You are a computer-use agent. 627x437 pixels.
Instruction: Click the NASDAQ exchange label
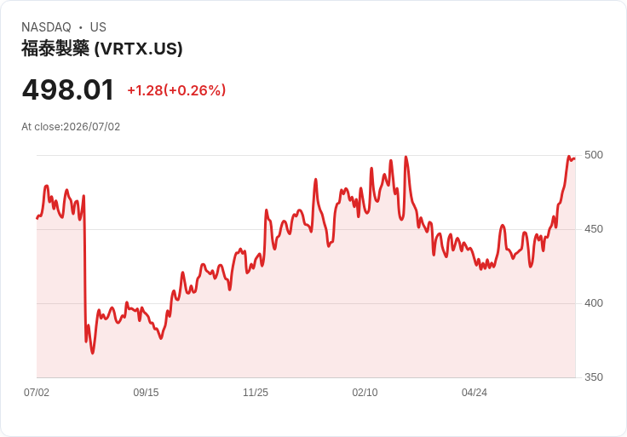click(46, 27)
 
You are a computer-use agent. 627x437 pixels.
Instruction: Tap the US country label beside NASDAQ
click(98, 27)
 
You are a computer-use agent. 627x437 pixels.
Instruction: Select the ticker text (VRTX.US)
click(138, 49)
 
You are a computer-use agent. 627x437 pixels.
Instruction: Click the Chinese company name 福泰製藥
click(55, 49)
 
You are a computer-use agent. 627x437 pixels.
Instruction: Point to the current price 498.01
click(68, 90)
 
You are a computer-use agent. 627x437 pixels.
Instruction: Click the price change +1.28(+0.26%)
click(176, 90)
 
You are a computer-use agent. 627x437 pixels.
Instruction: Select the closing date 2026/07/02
click(91, 127)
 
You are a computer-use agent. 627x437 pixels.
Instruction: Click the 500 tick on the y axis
click(594, 155)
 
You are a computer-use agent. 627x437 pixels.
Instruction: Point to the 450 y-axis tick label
click(594, 229)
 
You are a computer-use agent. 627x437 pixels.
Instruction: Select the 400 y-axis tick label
click(594, 303)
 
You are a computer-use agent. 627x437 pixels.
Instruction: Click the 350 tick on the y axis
click(594, 377)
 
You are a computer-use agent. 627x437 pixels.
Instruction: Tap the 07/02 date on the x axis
click(37, 392)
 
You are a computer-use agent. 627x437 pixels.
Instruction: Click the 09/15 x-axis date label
click(146, 392)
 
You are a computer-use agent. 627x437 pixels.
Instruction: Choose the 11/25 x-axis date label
click(256, 392)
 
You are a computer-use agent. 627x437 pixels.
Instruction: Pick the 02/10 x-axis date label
click(365, 392)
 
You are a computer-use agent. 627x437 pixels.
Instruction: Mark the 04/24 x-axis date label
click(475, 392)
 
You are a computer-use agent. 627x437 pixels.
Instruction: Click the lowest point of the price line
click(93, 353)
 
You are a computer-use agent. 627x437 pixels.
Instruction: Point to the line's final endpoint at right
click(575, 158)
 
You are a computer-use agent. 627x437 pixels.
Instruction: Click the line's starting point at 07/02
click(37, 218)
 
